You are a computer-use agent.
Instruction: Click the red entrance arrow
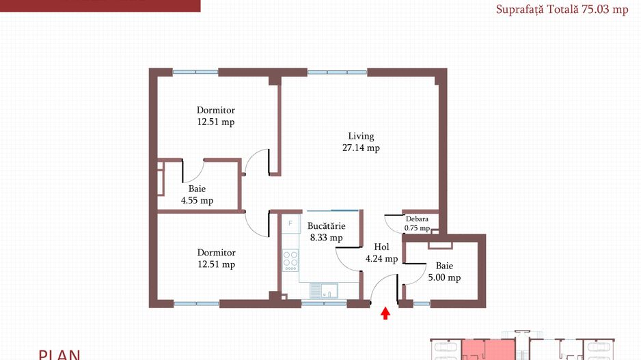[385, 314]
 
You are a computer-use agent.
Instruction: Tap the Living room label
[361, 136]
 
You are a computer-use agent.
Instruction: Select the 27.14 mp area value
[361, 148]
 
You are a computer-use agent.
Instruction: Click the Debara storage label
[417, 219]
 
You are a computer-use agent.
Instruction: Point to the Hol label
[381, 247]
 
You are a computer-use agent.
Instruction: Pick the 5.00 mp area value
[444, 278]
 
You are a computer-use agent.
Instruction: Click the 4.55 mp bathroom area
[197, 201]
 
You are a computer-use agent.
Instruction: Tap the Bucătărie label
[326, 226]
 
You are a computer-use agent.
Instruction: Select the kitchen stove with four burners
[290, 260]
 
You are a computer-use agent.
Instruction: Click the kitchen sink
[324, 290]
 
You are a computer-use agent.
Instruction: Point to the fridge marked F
[290, 224]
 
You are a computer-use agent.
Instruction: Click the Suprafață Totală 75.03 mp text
[562, 10]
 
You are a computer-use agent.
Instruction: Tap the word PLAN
[59, 355]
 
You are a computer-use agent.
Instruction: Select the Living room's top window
[338, 72]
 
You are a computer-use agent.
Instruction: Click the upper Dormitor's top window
[195, 72]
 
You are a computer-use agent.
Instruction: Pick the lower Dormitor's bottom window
[197, 303]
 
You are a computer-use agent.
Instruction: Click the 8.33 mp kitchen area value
[326, 238]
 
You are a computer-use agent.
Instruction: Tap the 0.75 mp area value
[417, 228]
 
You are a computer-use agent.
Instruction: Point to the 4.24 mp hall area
[381, 259]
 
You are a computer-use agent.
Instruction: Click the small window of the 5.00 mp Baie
[422, 303]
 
